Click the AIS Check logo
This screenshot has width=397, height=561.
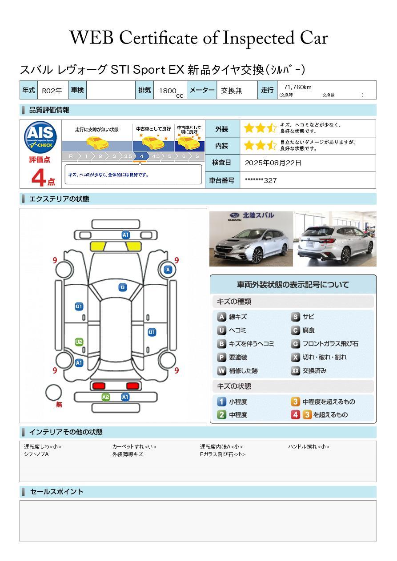[40, 137]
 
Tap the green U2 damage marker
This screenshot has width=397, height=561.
[79, 342]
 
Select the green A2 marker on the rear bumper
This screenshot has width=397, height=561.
[106, 397]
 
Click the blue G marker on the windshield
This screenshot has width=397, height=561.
[123, 287]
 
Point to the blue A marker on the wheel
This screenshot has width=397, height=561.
[168, 270]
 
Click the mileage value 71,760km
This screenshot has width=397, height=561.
[297, 87]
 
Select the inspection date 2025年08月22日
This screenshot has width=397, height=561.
[273, 163]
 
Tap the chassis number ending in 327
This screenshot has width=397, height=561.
[261, 180]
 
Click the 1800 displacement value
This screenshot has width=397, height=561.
[168, 91]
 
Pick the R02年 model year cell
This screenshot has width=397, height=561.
[52, 91]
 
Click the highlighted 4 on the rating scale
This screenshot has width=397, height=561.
[142, 156]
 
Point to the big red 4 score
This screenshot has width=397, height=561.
[39, 177]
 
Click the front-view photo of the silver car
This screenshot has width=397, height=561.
[251, 239]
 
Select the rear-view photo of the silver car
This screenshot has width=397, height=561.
[335, 239]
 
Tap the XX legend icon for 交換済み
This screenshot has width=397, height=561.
[296, 370]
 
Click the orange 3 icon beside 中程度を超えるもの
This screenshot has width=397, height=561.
[295, 402]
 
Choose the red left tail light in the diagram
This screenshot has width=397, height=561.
[99, 386]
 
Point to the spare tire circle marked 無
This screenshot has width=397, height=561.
[53, 393]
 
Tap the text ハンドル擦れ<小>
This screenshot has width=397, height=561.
[309, 446]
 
